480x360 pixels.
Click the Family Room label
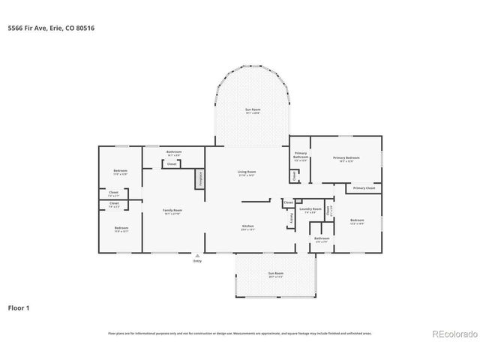tap(172, 211)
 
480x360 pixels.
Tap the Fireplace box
tap(200, 179)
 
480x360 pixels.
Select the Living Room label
tap(247, 172)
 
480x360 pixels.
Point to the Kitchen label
tap(247, 226)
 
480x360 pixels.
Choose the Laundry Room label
tap(311, 209)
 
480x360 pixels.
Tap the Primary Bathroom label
tap(300, 157)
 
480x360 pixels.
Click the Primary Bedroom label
tap(346, 157)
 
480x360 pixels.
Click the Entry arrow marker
tap(198, 255)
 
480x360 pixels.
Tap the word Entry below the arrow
tap(198, 261)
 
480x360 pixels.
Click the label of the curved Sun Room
tap(252, 110)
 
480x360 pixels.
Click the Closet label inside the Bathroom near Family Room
tap(172, 163)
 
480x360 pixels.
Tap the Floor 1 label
tap(19, 307)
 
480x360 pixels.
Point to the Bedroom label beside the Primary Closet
tap(356, 220)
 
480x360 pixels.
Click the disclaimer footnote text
tap(240, 333)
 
